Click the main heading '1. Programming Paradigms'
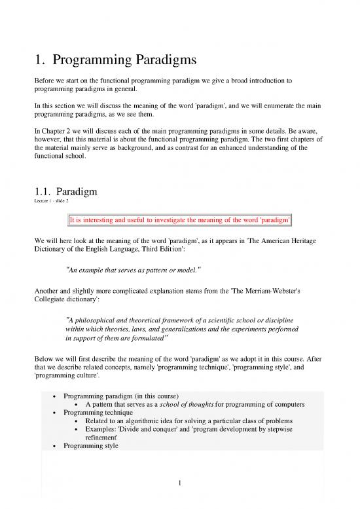pos(115,62)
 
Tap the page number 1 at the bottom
pos(180,485)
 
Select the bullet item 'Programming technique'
pos(98,411)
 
